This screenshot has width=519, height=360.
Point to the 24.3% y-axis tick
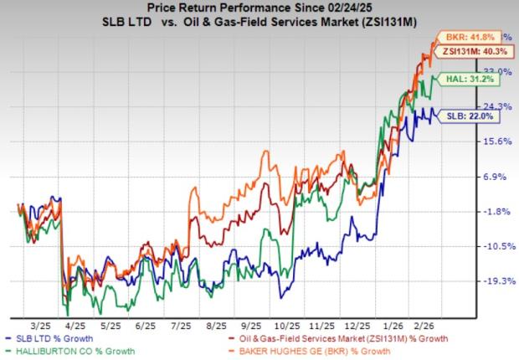point(494,106)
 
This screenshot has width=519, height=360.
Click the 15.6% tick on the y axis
point(494,141)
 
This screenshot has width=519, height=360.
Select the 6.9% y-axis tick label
point(494,177)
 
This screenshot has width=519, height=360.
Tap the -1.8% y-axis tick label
point(494,212)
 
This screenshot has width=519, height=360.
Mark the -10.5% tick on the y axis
point(494,246)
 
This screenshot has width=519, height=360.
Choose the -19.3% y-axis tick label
point(494,281)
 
